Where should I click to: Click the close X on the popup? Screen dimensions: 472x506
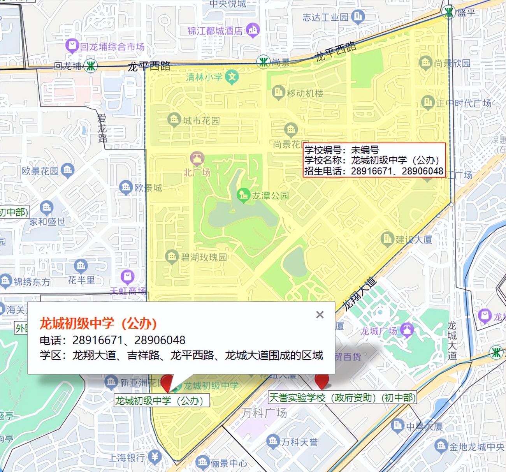320,315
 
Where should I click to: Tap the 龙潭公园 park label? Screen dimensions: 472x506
270,195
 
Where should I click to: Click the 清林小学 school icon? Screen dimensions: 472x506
232,77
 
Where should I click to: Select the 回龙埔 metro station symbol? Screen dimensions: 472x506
91,65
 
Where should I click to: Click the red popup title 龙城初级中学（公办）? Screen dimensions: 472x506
98,323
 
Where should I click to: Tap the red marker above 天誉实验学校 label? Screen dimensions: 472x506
322,380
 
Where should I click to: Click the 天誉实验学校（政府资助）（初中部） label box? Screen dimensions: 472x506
342,398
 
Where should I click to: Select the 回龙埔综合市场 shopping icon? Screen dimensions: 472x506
72,46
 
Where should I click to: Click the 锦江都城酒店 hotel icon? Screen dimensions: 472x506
253,30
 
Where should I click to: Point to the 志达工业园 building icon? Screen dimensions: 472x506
358,17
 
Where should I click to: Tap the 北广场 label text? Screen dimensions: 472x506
197,172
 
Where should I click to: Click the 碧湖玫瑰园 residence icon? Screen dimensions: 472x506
172,257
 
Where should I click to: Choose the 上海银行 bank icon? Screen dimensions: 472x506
155,456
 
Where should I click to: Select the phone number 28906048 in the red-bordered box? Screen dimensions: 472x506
422,171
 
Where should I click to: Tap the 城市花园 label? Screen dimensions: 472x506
201,121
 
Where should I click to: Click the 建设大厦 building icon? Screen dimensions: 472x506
387,239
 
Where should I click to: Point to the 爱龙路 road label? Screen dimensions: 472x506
102,128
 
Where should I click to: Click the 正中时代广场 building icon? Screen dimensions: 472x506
427,102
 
